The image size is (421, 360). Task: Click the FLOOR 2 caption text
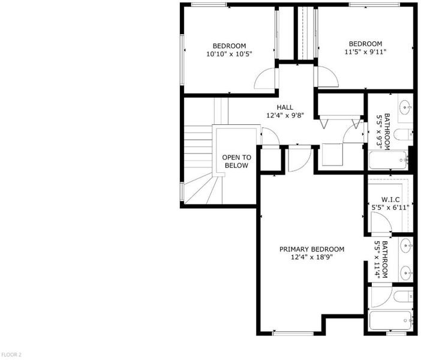11,355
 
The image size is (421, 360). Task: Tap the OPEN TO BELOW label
236,161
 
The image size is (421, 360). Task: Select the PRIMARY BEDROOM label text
312,250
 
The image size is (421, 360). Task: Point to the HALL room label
285,107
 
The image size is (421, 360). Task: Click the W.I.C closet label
390,200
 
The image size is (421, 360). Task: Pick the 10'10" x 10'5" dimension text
229,54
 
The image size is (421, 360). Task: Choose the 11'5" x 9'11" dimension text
365,52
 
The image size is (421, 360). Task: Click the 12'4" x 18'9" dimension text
312,257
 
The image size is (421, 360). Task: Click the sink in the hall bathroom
405,107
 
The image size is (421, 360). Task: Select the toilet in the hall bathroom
403,134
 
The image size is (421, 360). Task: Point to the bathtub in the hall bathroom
388,160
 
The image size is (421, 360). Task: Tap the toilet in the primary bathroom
403,296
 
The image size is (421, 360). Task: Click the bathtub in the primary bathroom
391,320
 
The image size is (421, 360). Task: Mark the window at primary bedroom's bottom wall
293,334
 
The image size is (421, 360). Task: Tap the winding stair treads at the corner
203,190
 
